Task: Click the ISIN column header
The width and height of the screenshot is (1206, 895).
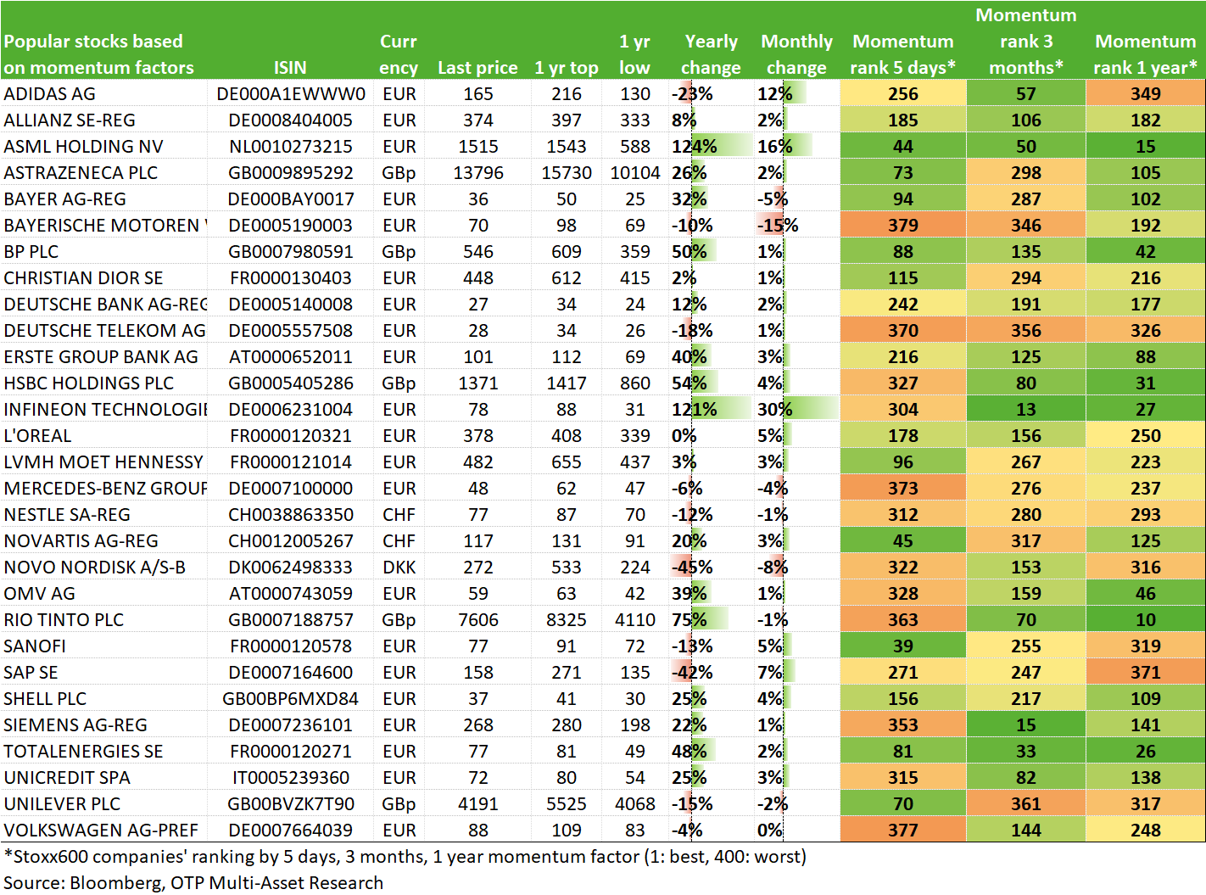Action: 290,68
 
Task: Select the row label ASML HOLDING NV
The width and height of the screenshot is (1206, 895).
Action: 83,147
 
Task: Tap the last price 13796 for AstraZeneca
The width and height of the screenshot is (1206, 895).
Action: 478,173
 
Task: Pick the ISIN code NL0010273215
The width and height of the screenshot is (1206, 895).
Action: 290,147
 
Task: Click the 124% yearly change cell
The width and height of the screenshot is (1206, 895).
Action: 695,147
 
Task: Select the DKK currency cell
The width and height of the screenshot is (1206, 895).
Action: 399,567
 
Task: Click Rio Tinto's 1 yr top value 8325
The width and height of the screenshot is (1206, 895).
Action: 566,619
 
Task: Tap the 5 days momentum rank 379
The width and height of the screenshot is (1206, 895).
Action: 902,226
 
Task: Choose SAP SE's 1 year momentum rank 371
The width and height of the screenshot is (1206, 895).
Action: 1145,673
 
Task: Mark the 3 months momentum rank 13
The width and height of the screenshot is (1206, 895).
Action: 1025,409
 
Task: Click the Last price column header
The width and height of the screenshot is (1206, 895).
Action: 477,68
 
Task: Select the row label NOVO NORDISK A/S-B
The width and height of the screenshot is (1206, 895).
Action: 95,567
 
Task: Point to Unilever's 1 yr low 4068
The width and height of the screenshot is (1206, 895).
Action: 634,803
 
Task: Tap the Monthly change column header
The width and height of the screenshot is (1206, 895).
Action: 796,54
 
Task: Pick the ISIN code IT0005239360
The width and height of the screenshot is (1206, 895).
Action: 290,777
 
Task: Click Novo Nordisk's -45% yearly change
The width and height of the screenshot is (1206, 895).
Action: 692,567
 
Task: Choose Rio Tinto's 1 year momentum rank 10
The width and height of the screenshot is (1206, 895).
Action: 1145,619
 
